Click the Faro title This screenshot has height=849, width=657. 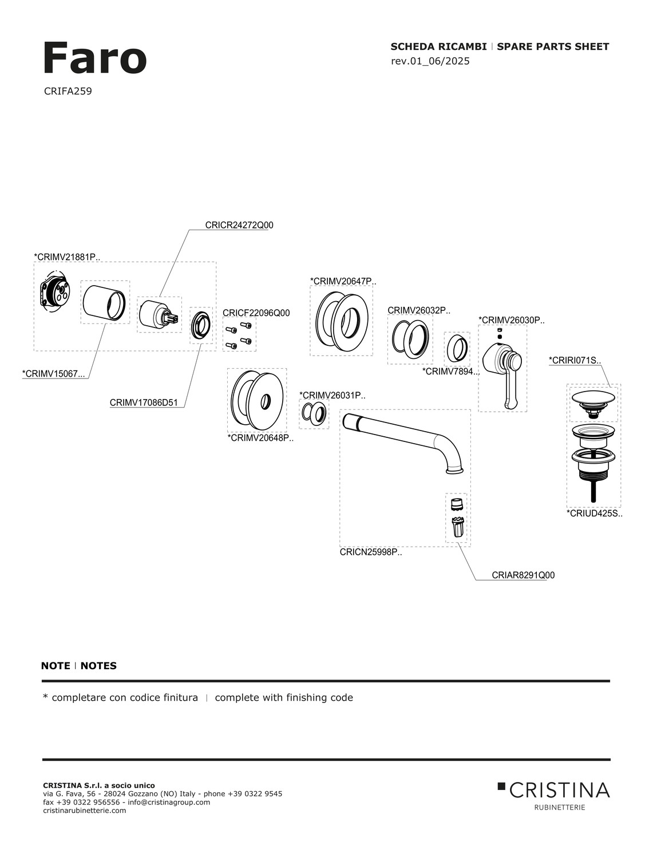pos(94,58)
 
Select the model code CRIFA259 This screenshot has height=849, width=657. pos(68,91)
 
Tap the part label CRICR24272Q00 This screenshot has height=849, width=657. pos(239,226)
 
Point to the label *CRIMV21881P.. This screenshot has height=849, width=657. pos(67,257)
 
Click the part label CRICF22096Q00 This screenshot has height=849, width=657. pos(256,313)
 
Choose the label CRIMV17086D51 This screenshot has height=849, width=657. pos(144,403)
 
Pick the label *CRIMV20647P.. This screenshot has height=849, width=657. pos(343,281)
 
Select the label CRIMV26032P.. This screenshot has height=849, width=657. pos(418,310)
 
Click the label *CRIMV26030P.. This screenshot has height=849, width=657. pos(511,321)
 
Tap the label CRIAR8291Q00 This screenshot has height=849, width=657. pos(523,575)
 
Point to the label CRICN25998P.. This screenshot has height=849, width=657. pos(370,552)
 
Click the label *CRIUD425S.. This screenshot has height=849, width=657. pos(594,514)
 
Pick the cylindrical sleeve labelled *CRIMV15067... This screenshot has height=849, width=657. pos(104,301)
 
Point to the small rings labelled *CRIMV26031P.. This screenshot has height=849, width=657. pos(314,413)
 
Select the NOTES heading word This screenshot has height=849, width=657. pos(98,666)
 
